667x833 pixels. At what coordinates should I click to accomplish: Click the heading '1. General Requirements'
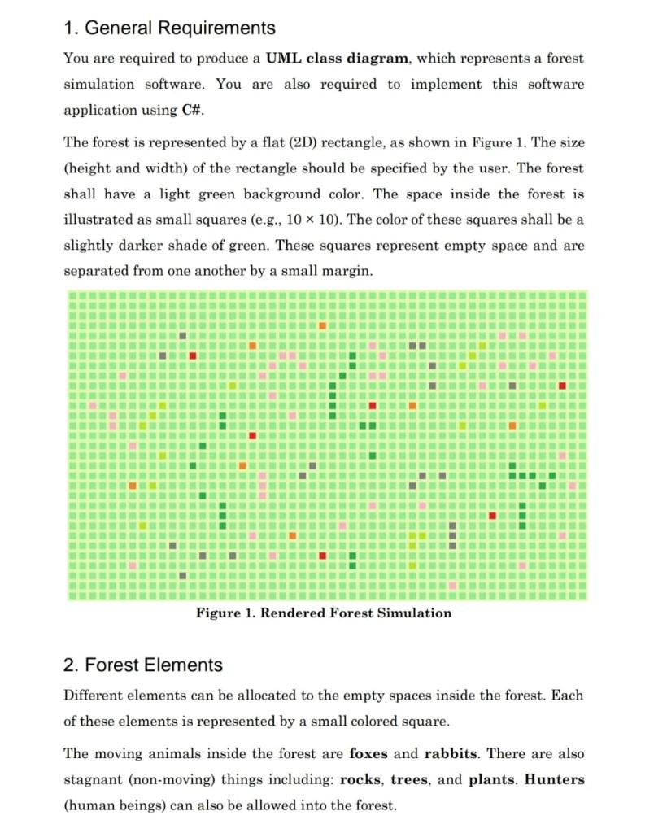[169, 28]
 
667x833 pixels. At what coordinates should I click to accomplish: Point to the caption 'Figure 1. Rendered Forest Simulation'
[324, 613]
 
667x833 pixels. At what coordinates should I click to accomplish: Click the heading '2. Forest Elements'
[142, 665]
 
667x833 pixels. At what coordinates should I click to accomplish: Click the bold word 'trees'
[410, 779]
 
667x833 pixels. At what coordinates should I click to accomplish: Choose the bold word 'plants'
[491, 779]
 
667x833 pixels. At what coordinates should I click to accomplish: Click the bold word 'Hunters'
[554, 779]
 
